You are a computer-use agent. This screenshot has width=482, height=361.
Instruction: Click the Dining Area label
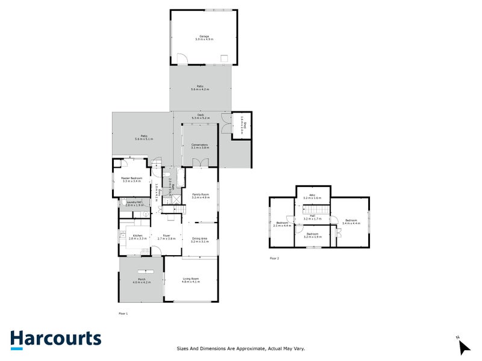click(199, 240)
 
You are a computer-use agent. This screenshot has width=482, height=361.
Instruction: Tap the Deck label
click(201, 117)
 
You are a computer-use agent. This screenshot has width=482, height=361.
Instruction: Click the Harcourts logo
click(55, 339)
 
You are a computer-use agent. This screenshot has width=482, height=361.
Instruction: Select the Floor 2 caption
click(275, 258)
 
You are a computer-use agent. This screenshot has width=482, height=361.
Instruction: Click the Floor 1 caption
click(124, 313)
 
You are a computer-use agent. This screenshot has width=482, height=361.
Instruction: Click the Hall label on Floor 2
click(312, 218)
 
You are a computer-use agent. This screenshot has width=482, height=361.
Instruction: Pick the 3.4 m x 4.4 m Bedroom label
click(351, 222)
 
